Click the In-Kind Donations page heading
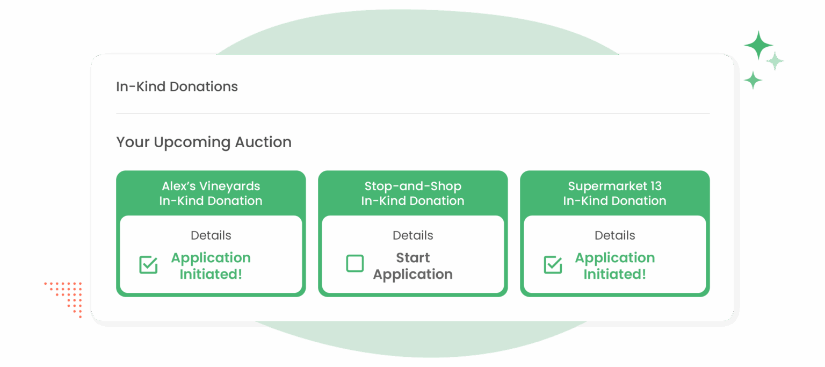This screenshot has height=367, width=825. [177, 87]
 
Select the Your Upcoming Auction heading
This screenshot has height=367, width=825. [204, 142]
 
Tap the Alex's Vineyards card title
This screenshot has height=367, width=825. [211, 193]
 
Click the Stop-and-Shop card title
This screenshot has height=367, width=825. [412, 193]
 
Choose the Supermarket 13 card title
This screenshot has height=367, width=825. [614, 193]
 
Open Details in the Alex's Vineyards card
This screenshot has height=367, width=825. [211, 235]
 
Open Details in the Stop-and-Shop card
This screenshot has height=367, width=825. [412, 235]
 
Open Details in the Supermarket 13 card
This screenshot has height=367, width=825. [614, 235]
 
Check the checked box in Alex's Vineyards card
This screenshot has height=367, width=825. [148, 265]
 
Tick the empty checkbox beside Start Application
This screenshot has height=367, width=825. [354, 264]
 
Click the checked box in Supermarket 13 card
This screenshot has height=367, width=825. [553, 265]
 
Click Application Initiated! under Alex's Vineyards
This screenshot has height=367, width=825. [211, 266]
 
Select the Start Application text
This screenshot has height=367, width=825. [412, 266]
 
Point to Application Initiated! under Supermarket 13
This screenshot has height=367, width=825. [614, 266]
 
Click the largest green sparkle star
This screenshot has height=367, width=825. [758, 45]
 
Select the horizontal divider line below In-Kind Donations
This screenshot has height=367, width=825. [412, 113]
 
